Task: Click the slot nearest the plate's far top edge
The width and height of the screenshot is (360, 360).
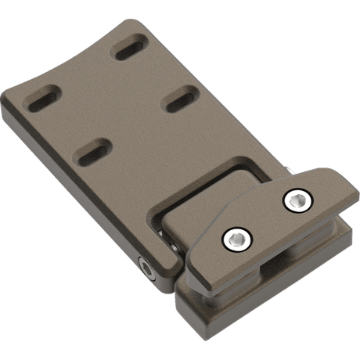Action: (x=130, y=49)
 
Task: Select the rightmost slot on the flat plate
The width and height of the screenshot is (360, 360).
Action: (x=178, y=99)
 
